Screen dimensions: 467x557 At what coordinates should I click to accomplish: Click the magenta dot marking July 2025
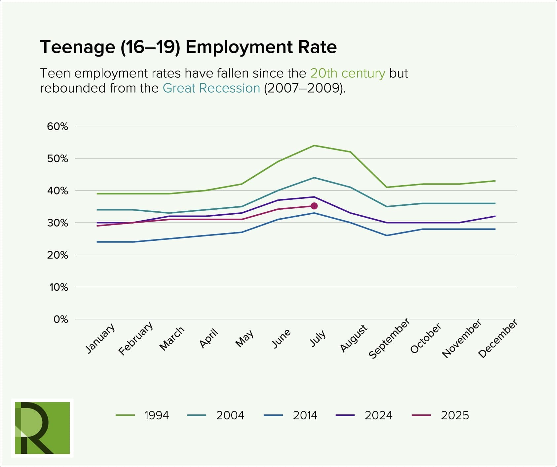click(314, 206)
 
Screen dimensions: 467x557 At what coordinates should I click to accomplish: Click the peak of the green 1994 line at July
click(314, 146)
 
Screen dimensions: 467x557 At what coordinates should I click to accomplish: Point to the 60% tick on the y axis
click(57, 126)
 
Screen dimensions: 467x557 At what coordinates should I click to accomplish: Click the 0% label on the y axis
click(61, 319)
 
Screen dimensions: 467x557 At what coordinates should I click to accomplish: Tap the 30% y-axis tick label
click(57, 223)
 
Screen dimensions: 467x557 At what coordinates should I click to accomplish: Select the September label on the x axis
click(389, 339)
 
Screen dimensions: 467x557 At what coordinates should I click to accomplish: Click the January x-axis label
click(100, 338)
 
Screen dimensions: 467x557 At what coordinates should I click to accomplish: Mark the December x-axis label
click(498, 339)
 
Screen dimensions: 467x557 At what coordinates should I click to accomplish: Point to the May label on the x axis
click(244, 338)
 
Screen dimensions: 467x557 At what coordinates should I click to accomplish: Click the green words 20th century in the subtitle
click(348, 73)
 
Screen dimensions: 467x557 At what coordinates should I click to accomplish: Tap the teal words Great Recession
click(211, 88)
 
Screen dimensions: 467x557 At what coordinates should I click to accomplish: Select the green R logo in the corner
click(42, 428)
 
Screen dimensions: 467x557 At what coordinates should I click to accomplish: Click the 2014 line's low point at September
click(387, 235)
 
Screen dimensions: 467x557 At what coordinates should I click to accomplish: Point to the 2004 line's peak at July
click(314, 178)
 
